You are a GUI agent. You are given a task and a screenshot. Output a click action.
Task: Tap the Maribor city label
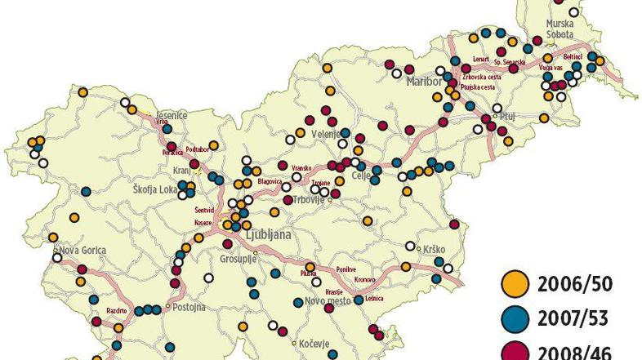click(x=424, y=84)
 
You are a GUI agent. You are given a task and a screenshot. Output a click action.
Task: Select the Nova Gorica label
click(x=78, y=251)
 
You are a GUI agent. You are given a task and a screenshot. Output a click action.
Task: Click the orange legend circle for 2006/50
click(x=513, y=285)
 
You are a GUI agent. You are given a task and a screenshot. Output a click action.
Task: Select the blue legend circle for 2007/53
click(x=513, y=319)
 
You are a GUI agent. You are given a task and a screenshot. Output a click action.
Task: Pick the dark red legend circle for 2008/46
click(x=513, y=352)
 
